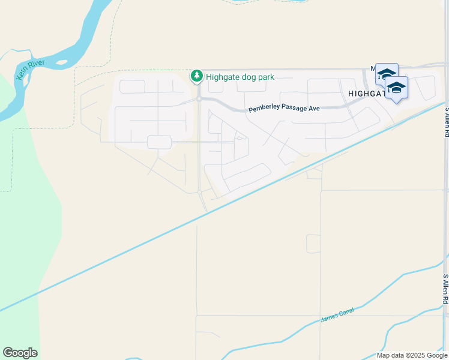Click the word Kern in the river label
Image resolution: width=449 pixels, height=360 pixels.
point(22,74)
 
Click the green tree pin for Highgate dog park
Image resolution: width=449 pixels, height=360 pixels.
point(196,76)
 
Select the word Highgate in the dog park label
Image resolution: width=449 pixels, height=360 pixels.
point(222,77)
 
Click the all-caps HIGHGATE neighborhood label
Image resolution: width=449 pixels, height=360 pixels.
point(367,94)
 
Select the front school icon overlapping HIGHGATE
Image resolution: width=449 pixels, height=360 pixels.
point(396,88)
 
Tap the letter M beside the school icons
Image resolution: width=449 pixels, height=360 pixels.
point(373,68)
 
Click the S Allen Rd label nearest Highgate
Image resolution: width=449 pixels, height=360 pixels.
point(446,122)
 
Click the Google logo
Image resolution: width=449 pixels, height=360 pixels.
point(20,353)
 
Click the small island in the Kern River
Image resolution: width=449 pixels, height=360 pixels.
point(62,62)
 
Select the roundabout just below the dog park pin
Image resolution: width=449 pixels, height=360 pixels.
point(198,98)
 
